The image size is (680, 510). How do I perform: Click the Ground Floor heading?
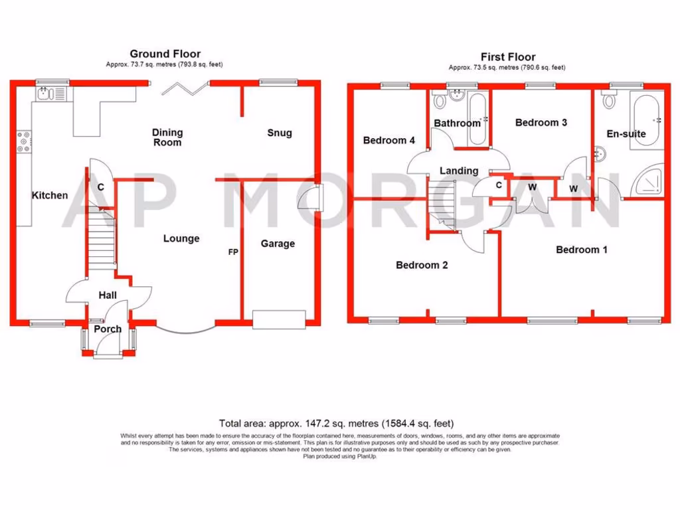165,54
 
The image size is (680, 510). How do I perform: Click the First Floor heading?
507,57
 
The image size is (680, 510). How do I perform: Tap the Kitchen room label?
50,195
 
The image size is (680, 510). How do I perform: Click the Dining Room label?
167,137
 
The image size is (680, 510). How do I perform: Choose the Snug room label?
279,133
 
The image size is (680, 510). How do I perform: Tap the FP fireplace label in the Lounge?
233,252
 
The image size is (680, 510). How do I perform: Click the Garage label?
278,244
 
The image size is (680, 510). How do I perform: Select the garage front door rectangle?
279,319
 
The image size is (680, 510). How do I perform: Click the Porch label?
108,329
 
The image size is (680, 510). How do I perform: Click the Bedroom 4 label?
389,140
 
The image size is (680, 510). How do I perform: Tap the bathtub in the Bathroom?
479,119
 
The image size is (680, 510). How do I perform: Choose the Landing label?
459,171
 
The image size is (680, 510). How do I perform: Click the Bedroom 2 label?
422,265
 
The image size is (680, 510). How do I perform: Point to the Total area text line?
337,423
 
